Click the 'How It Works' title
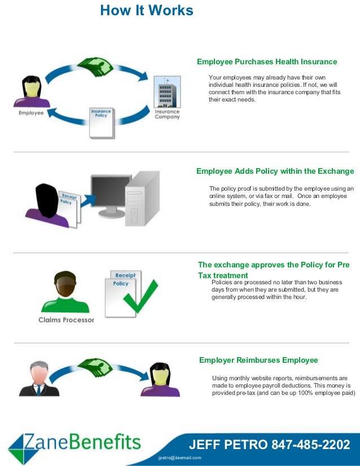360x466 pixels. tap(147, 10)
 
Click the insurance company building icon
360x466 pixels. tap(167, 91)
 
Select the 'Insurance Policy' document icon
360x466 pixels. tap(102, 122)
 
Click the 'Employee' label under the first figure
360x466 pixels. tap(31, 113)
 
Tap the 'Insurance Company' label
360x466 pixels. tap(167, 114)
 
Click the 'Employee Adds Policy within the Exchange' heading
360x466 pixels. tap(275, 172)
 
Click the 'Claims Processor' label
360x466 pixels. tap(66, 320)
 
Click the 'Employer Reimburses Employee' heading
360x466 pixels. tap(258, 360)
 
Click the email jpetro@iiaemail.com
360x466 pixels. tap(180, 458)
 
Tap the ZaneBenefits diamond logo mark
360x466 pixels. tap(23, 447)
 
